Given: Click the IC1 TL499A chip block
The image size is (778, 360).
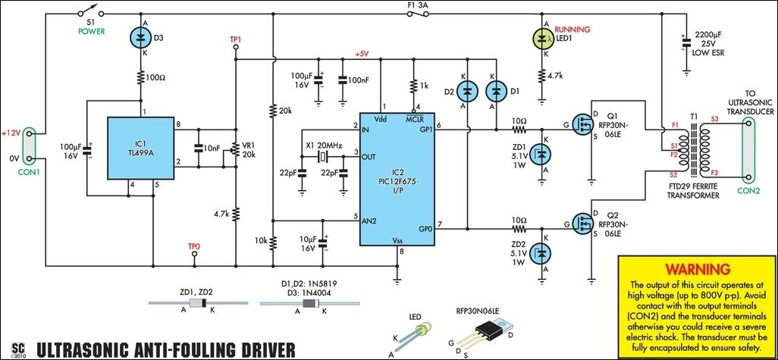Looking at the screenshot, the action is [x=141, y=149].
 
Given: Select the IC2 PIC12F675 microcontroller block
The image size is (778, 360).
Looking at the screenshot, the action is [x=397, y=179].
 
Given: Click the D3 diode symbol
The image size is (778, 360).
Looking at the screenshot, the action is [x=141, y=38].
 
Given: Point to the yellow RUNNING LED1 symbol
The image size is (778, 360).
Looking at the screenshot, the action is [x=542, y=38].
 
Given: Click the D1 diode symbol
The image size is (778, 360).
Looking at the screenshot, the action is [x=496, y=91].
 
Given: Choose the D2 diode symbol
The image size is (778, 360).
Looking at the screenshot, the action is [x=467, y=91].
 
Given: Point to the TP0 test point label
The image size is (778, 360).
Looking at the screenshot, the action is [x=194, y=246].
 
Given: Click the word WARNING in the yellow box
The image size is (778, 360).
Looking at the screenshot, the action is [x=698, y=269].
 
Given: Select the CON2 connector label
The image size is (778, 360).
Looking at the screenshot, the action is [x=748, y=190].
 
